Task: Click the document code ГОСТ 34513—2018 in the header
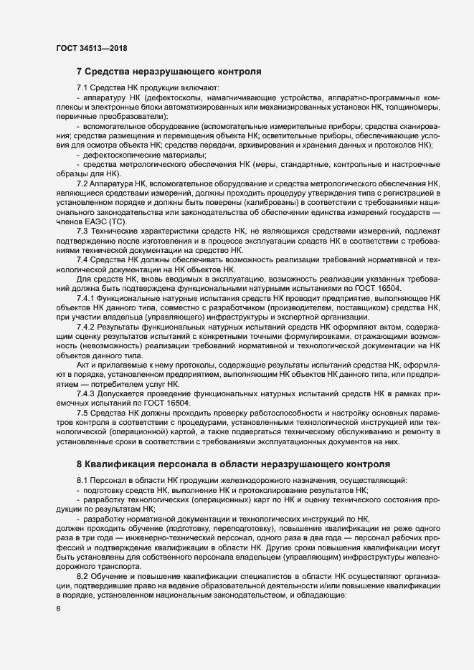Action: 91,48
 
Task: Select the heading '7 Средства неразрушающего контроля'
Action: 169,72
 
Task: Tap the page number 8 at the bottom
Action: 58,609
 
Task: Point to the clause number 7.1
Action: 82,87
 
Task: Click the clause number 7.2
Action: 82,184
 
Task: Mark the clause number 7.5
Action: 82,415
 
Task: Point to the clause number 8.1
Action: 82,479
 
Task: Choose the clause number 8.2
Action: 82,575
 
